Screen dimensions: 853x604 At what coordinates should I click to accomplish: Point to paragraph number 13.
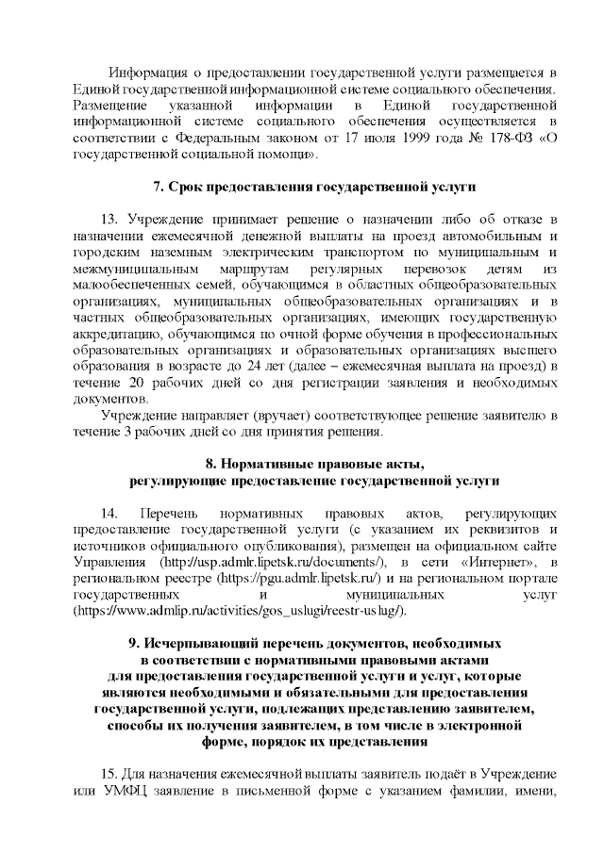110,219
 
